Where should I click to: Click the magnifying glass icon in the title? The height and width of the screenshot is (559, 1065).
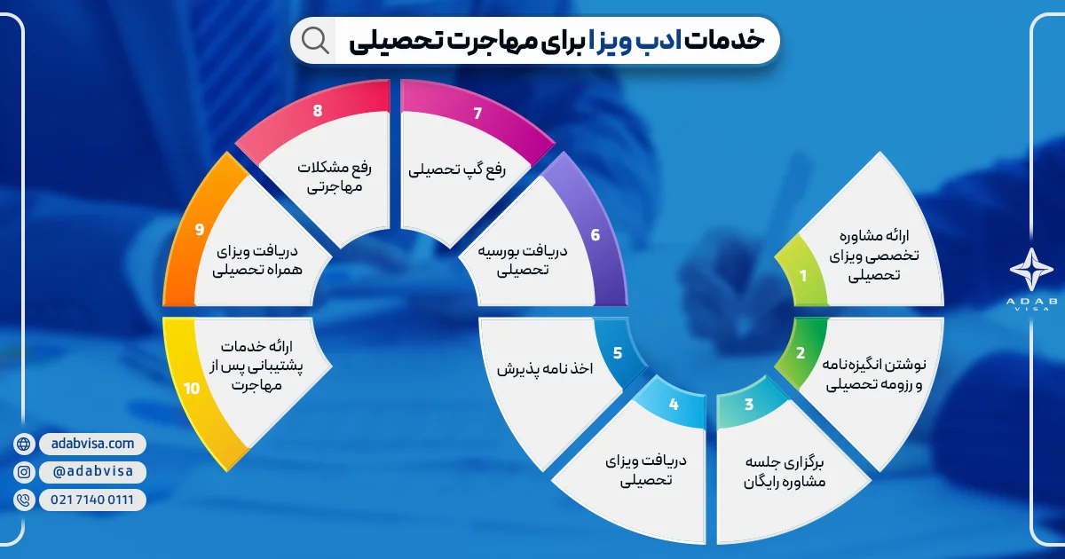click(x=315, y=40)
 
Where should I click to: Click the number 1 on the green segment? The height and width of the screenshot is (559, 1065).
click(x=803, y=275)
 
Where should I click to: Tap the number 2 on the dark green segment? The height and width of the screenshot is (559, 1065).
click(x=801, y=353)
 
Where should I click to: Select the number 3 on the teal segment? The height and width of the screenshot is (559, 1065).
click(x=749, y=405)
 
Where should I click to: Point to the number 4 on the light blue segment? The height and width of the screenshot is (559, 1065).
click(x=674, y=405)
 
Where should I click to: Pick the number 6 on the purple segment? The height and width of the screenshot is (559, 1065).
click(x=596, y=235)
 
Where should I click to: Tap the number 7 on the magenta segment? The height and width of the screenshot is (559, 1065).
click(x=478, y=113)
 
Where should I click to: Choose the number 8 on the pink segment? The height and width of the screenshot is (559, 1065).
click(x=318, y=113)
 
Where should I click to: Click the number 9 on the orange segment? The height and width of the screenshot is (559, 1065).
click(x=200, y=230)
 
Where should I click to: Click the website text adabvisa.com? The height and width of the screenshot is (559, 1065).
click(x=93, y=443)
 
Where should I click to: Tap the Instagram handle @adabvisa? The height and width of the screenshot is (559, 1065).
click(x=93, y=472)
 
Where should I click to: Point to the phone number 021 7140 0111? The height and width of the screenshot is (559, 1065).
click(x=93, y=500)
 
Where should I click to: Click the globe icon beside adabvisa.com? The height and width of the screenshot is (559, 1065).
click(x=24, y=444)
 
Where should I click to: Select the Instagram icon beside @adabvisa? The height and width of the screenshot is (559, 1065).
click(x=24, y=472)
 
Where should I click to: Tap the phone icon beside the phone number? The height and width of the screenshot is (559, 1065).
click(x=24, y=500)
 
